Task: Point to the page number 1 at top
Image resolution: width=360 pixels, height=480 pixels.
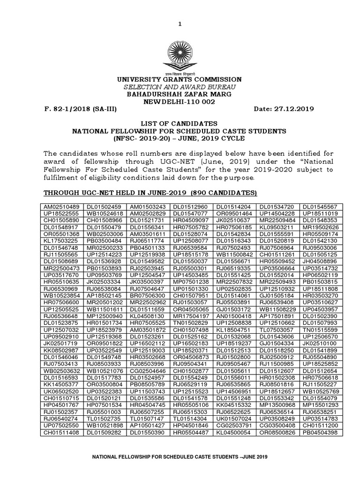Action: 180,12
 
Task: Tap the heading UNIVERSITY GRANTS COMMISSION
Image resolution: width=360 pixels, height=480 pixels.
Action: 180,80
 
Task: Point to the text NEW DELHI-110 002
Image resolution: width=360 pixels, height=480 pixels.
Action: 180,102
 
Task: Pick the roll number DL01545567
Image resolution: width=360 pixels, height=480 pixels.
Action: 322,207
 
